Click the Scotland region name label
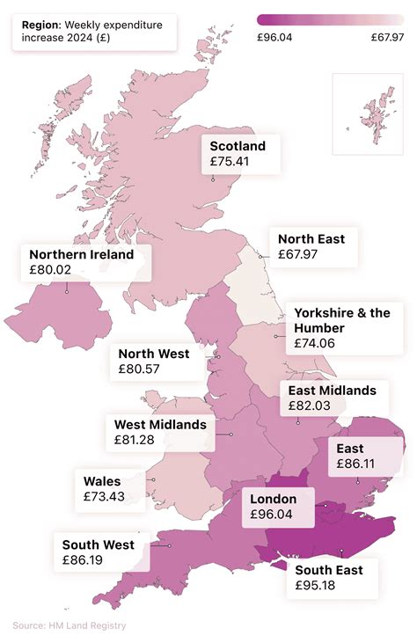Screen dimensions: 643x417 tap(238, 146)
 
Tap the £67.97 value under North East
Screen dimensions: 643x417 tap(297, 254)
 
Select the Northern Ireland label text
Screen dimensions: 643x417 tap(82, 254)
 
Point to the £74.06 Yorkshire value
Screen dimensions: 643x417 tap(315, 343)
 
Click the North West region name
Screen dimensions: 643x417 tap(154, 354)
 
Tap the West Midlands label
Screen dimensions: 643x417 tap(160, 424)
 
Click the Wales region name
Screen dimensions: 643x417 tap(102, 481)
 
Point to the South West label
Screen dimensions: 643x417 tap(99, 544)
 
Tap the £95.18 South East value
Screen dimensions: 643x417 tap(316, 585)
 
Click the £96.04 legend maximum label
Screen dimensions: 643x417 tap(275, 37)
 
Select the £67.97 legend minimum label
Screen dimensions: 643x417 tap(387, 37)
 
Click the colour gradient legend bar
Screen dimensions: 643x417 tap(331, 18)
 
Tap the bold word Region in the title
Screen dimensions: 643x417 tap(41, 26)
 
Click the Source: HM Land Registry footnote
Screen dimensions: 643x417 tap(69, 625)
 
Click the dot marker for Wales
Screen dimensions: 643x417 tap(153, 480)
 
